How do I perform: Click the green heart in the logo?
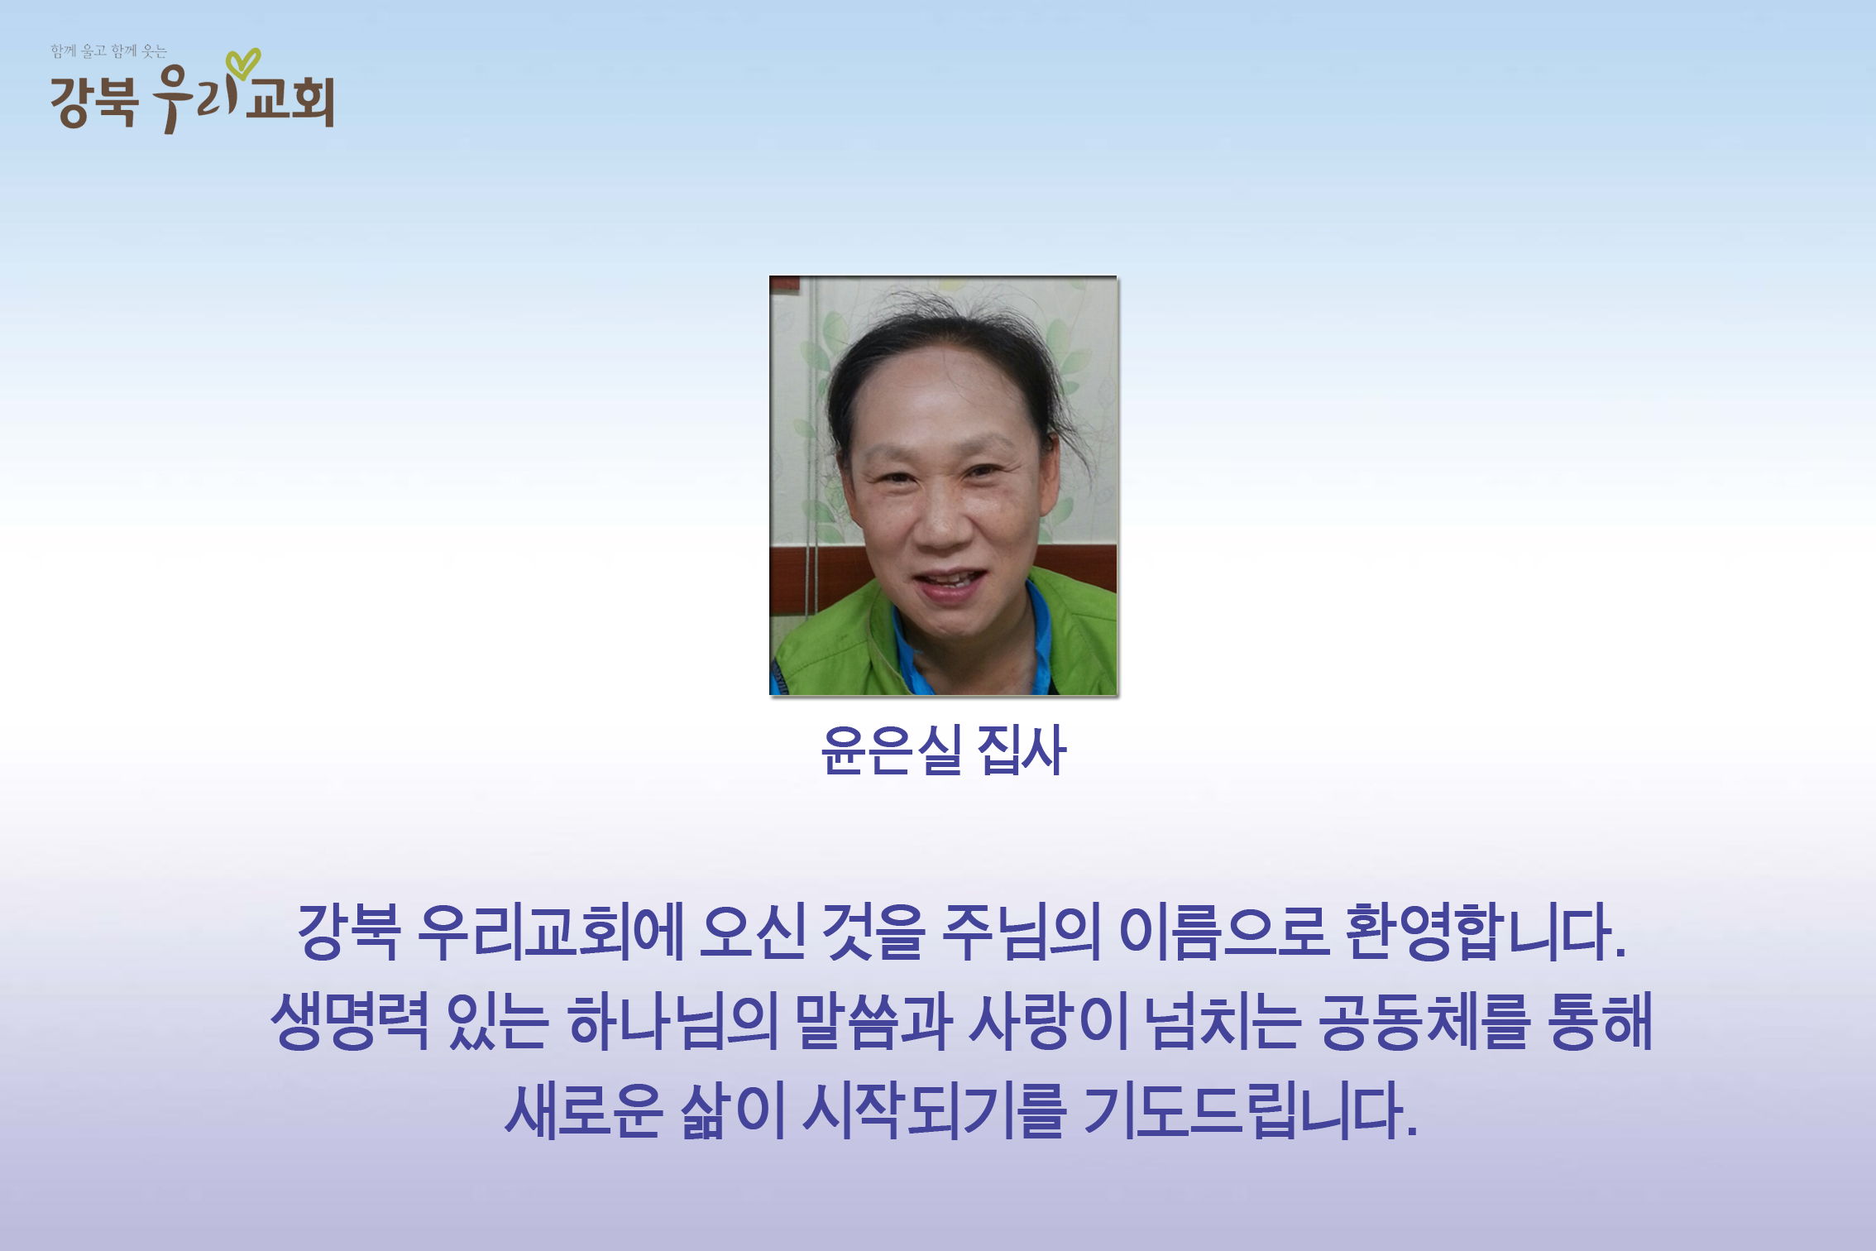(x=243, y=63)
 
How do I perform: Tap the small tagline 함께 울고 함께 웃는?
(x=109, y=51)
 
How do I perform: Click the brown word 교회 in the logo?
(x=290, y=102)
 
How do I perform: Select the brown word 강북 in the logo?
(x=93, y=102)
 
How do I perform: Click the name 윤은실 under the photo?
(x=891, y=750)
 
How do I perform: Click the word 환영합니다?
(x=1486, y=932)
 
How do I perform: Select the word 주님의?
(x=1022, y=932)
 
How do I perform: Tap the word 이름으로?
(x=1223, y=932)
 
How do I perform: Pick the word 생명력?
(x=350, y=1021)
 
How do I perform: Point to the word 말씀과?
(x=873, y=1021)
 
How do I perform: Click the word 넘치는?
(x=1223, y=1021)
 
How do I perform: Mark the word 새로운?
(x=584, y=1110)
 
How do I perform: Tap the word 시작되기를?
(x=933, y=1110)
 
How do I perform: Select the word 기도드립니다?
(x=1250, y=1110)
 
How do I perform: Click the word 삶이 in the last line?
(x=732, y=1110)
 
